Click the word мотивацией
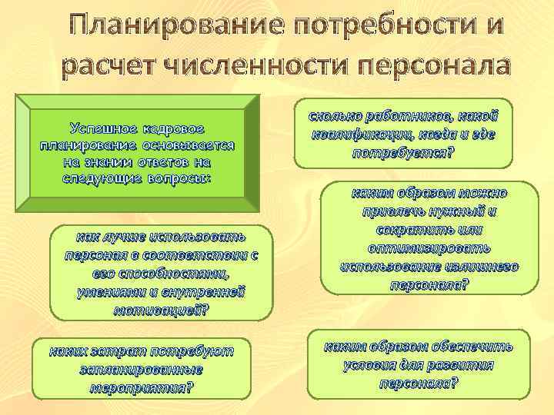point(159,309)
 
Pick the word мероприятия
point(140,387)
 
